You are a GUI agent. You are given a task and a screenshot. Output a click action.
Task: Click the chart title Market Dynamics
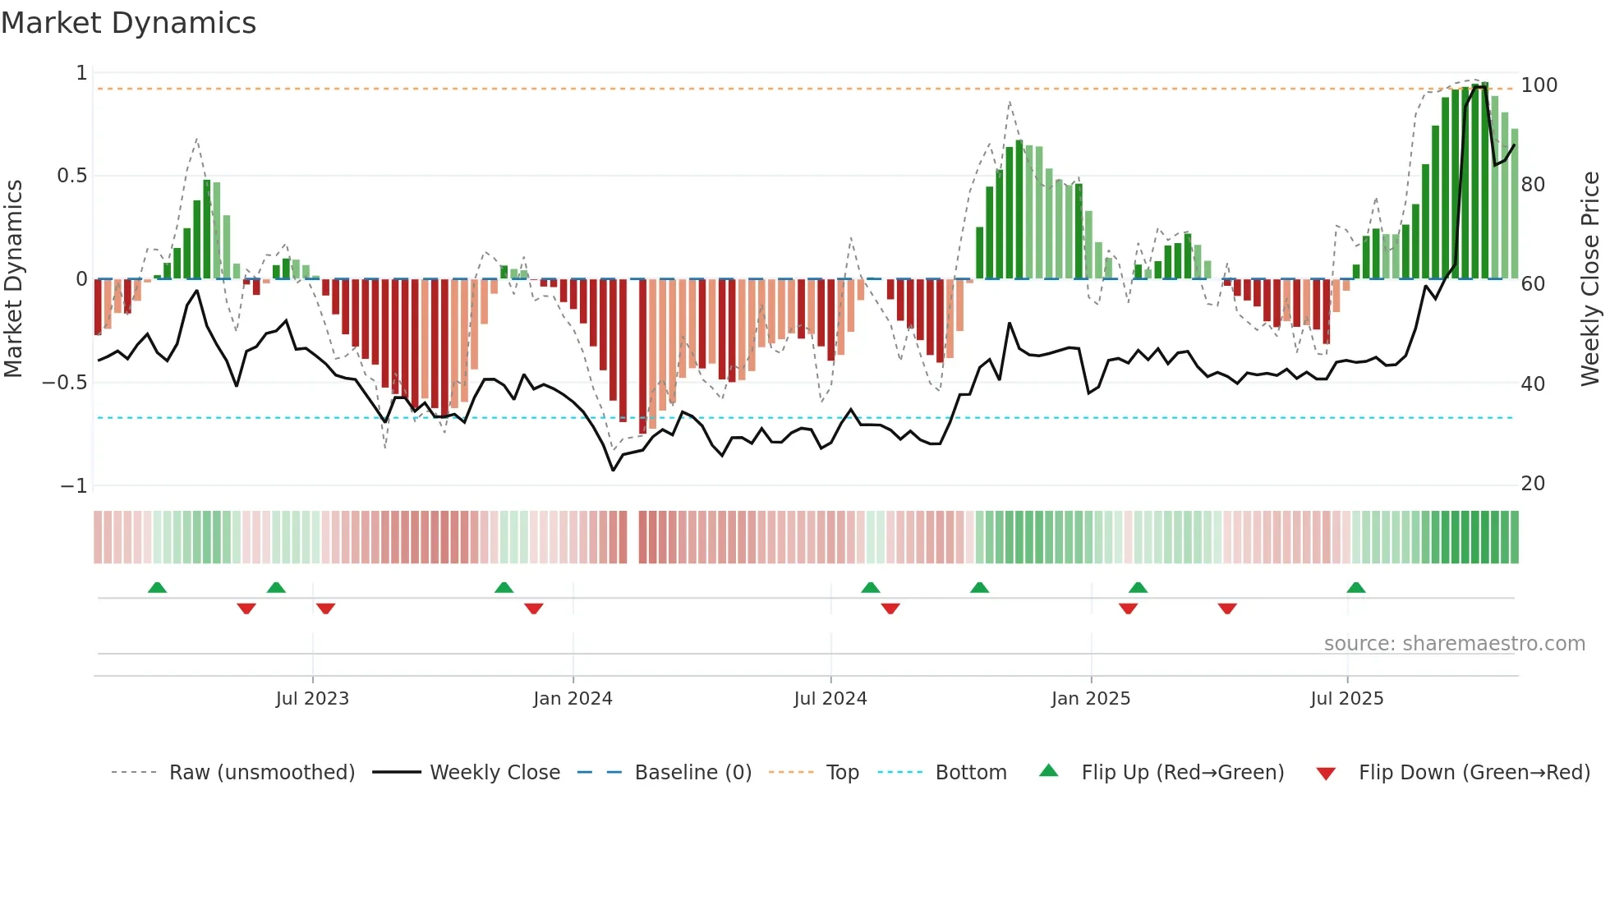tap(129, 23)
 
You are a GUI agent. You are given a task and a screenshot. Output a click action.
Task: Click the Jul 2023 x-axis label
tap(312, 699)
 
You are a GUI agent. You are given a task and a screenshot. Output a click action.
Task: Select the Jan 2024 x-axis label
tap(573, 699)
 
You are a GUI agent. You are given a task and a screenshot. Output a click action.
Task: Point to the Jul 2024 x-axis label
tap(830, 699)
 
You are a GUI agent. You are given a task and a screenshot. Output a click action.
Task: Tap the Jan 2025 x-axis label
tap(1091, 699)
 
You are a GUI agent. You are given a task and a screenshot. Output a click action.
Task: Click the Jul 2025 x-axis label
tap(1347, 699)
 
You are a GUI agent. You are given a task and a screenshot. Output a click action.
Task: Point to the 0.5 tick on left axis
tap(71, 176)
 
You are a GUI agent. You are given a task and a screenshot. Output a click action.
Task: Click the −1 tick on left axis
tap(73, 486)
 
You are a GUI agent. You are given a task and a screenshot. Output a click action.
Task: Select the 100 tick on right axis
tap(1539, 85)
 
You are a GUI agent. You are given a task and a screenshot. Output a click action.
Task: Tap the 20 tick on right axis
tap(1533, 484)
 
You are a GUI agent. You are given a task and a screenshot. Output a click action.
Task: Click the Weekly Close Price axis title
tap(1590, 279)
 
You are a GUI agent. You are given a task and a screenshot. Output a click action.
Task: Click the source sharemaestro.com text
tap(1454, 644)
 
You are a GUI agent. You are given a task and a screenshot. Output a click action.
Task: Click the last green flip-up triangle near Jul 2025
tap(1356, 588)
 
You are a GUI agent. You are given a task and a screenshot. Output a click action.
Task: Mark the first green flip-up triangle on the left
tap(157, 588)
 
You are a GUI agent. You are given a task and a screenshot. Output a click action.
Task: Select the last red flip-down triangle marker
tap(1227, 609)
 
